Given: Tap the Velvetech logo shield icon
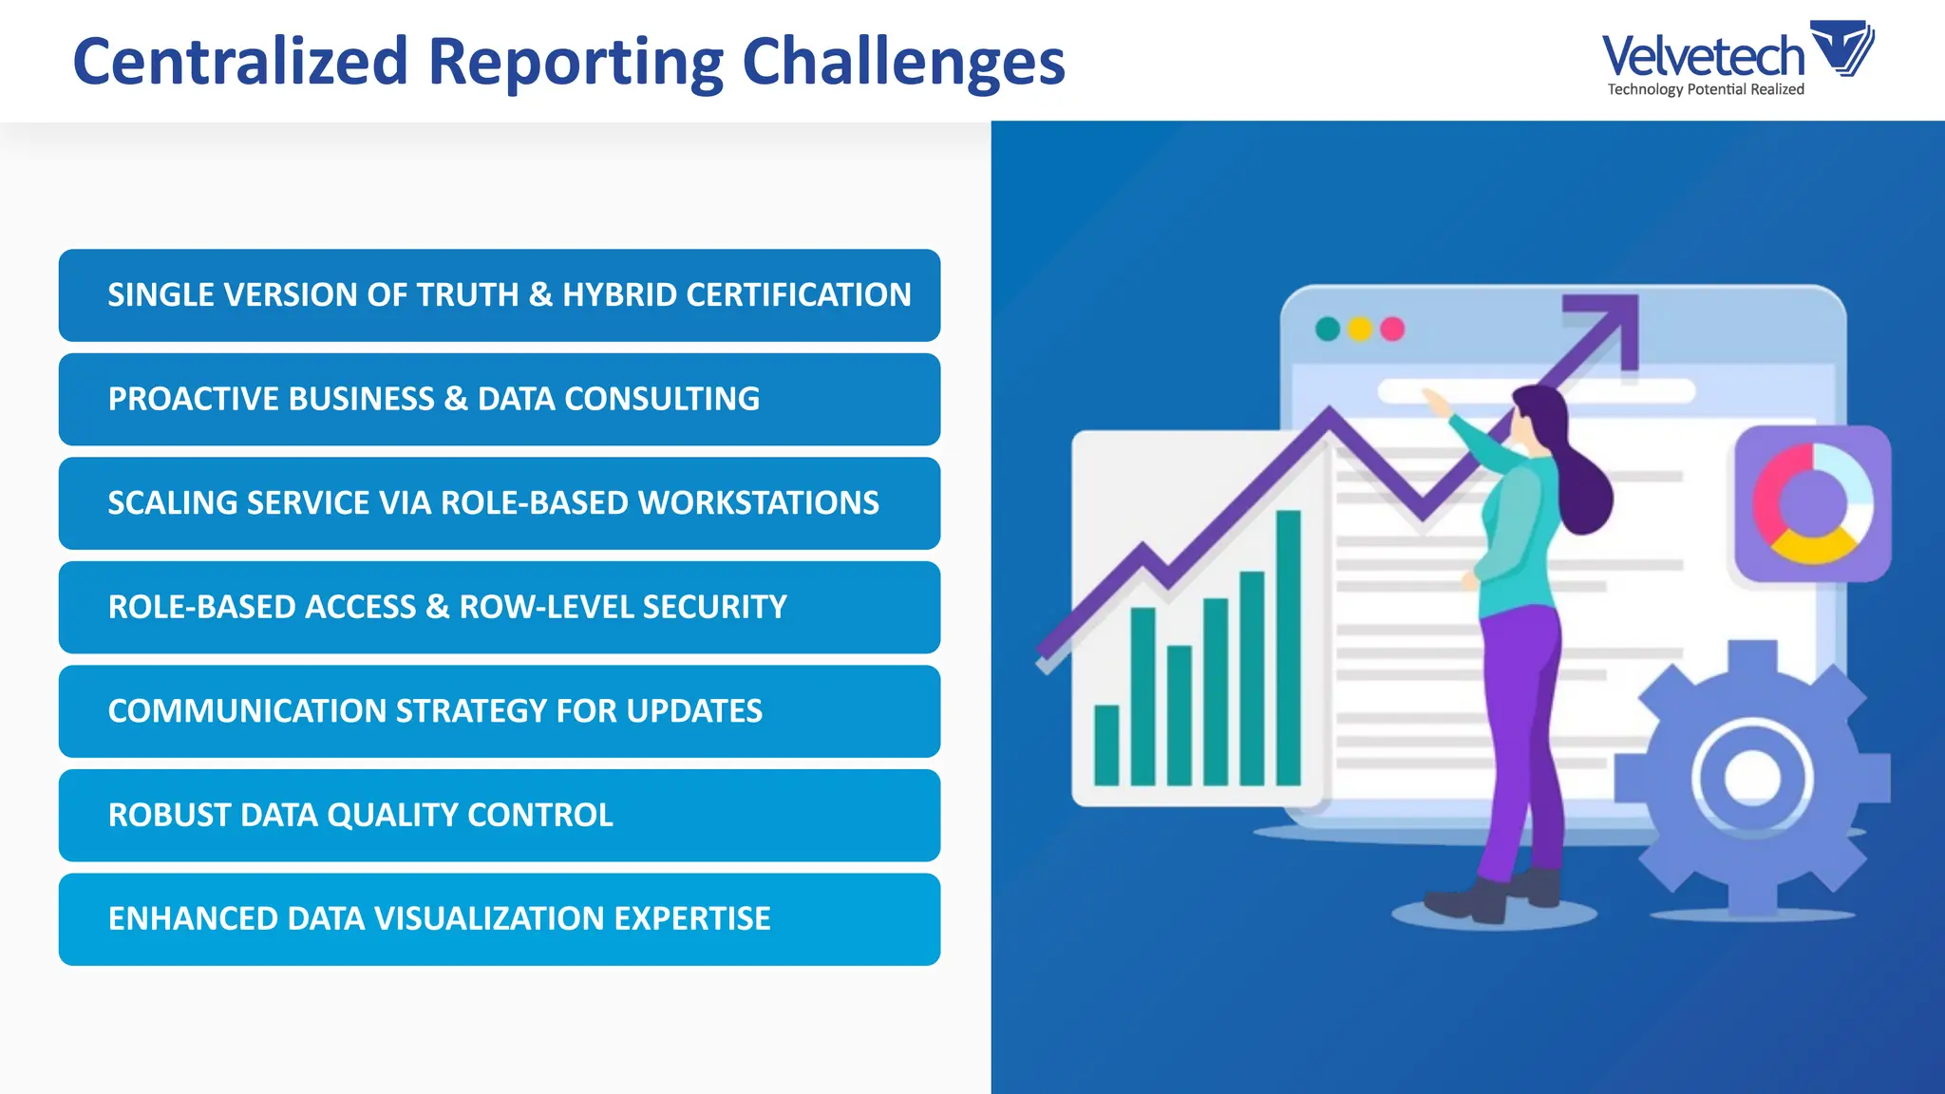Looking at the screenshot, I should point(1841,47).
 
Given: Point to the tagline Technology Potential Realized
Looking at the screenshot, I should point(1706,89).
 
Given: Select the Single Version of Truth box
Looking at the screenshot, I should point(500,295).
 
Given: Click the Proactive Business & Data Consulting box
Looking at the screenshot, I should point(500,399).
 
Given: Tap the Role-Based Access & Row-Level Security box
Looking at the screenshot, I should point(500,608).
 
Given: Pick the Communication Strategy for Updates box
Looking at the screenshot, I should point(500,711).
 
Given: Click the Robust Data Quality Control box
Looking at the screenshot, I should point(500,816).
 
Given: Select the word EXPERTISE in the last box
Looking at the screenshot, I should point(691,919).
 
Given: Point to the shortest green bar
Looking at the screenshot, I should point(1106,745).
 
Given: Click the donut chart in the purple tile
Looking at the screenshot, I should point(1812,503).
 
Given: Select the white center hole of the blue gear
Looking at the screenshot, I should point(1751,778).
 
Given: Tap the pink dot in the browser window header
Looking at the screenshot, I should point(1392,330).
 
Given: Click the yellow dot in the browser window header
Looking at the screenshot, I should point(1360,330).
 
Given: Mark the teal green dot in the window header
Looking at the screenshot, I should point(1328,330).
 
